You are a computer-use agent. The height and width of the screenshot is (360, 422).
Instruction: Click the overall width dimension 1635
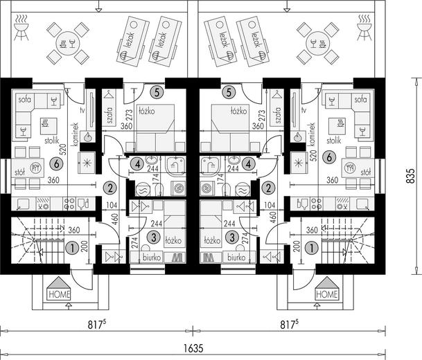click(x=193, y=348)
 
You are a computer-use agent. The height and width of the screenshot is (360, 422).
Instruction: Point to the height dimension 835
click(x=410, y=176)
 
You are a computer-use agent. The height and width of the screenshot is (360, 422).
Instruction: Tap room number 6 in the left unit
click(x=57, y=164)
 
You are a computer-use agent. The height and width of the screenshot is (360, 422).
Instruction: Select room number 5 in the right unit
click(x=229, y=93)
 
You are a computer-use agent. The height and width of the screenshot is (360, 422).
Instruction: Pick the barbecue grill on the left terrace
click(x=21, y=28)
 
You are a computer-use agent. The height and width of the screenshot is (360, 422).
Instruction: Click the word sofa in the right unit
click(x=360, y=100)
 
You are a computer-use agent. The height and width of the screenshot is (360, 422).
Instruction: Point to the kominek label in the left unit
click(x=76, y=134)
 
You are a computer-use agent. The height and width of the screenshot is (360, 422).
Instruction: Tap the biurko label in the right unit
click(x=236, y=258)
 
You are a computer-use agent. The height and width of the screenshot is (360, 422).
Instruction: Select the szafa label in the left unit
click(x=109, y=115)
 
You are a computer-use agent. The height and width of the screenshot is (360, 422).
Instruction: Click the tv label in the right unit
click(x=304, y=110)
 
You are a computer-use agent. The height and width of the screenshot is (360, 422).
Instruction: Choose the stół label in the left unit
click(x=19, y=172)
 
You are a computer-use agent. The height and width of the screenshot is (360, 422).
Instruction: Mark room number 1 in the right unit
click(x=312, y=248)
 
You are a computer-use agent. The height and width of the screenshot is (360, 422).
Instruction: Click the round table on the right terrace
click(x=317, y=43)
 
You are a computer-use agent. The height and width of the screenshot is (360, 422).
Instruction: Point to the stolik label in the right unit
click(x=334, y=141)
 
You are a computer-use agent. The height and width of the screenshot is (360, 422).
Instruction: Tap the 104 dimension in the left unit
click(x=112, y=206)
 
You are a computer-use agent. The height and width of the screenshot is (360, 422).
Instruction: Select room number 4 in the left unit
click(x=137, y=164)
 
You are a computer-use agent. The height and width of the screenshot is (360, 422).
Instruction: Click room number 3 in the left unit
click(x=154, y=237)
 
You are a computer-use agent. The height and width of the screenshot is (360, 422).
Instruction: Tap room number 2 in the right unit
click(x=268, y=188)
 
